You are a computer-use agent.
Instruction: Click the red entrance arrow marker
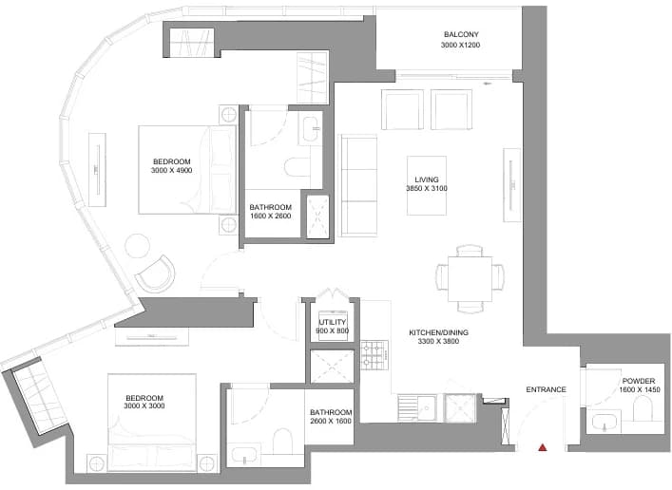(543, 447)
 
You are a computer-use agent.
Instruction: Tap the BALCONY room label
(461, 34)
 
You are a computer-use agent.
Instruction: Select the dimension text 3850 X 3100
(427, 188)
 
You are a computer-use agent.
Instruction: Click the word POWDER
(639, 381)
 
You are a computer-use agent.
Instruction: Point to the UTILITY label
(332, 322)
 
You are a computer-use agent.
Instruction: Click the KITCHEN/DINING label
(438, 332)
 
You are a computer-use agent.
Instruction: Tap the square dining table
(470, 279)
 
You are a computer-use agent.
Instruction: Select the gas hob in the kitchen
(374, 355)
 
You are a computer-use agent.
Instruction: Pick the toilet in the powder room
(642, 408)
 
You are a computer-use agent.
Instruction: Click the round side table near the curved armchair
(138, 245)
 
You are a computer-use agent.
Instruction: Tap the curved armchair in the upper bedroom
(156, 273)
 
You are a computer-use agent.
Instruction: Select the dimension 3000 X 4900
(171, 171)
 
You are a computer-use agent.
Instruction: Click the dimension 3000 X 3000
(144, 406)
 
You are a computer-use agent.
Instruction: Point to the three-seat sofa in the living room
(357, 185)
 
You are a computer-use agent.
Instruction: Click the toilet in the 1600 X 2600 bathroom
(298, 166)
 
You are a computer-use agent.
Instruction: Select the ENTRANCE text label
(546, 389)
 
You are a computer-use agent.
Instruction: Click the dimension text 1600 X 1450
(640, 389)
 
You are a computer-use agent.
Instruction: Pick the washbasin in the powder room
(605, 422)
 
